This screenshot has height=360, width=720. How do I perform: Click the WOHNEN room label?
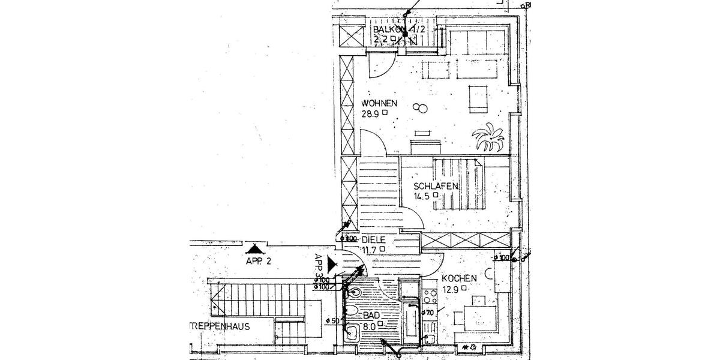379,103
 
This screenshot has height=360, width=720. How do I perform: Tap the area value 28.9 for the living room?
371,113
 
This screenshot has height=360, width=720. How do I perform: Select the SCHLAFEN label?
436,186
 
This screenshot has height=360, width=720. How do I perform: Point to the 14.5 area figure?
422,196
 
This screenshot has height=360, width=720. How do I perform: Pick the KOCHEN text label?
459,278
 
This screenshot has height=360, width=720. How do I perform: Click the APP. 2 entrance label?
259,262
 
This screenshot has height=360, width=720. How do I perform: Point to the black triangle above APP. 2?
254,248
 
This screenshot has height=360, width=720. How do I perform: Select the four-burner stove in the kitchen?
430,296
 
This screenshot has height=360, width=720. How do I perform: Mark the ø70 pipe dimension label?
428,312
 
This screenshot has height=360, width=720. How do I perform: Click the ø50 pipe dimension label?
334,320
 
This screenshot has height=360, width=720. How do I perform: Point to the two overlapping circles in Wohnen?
421,108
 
